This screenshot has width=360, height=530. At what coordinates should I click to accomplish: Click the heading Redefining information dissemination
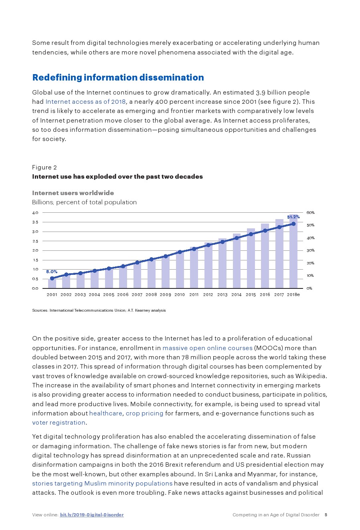tap(118, 77)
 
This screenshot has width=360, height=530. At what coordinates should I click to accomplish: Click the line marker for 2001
tap(52, 278)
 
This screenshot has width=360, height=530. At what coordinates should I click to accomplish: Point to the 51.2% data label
tap(293, 217)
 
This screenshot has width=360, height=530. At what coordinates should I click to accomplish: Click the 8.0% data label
tap(52, 272)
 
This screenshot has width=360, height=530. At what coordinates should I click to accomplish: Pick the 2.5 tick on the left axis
tap(35, 241)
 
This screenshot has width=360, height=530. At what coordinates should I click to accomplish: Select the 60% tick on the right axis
tap(311, 212)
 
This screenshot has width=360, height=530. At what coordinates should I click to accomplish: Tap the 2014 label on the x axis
tap(237, 295)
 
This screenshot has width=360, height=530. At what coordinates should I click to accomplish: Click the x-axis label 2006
tap(123, 295)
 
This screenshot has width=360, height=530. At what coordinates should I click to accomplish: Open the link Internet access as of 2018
tap(85, 102)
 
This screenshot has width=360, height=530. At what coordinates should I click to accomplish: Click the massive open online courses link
tap(207, 348)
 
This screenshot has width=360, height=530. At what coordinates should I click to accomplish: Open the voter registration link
tap(59, 422)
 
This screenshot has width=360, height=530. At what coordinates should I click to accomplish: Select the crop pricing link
tap(144, 413)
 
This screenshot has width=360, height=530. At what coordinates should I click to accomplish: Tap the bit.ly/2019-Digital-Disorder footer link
tap(92, 515)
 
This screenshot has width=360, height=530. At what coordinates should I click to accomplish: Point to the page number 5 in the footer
tap(326, 515)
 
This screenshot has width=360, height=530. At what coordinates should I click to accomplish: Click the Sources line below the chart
tap(99, 310)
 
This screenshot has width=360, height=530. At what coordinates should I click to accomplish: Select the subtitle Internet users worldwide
tap(73, 193)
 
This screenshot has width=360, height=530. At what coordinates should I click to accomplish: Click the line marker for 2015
tap(251, 234)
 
